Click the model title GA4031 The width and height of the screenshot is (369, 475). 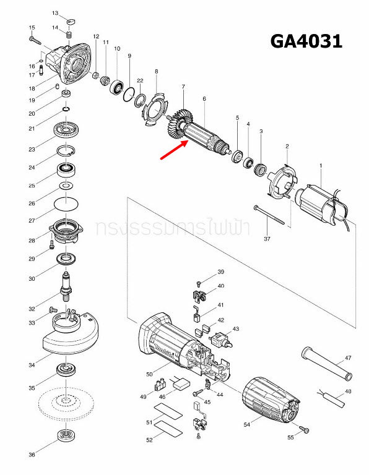pyautogui.click(x=306, y=41)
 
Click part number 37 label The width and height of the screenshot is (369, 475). pyautogui.click(x=267, y=239)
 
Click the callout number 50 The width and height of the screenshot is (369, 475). pyautogui.click(x=149, y=374)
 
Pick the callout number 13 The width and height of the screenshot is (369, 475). pyautogui.click(x=54, y=13)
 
